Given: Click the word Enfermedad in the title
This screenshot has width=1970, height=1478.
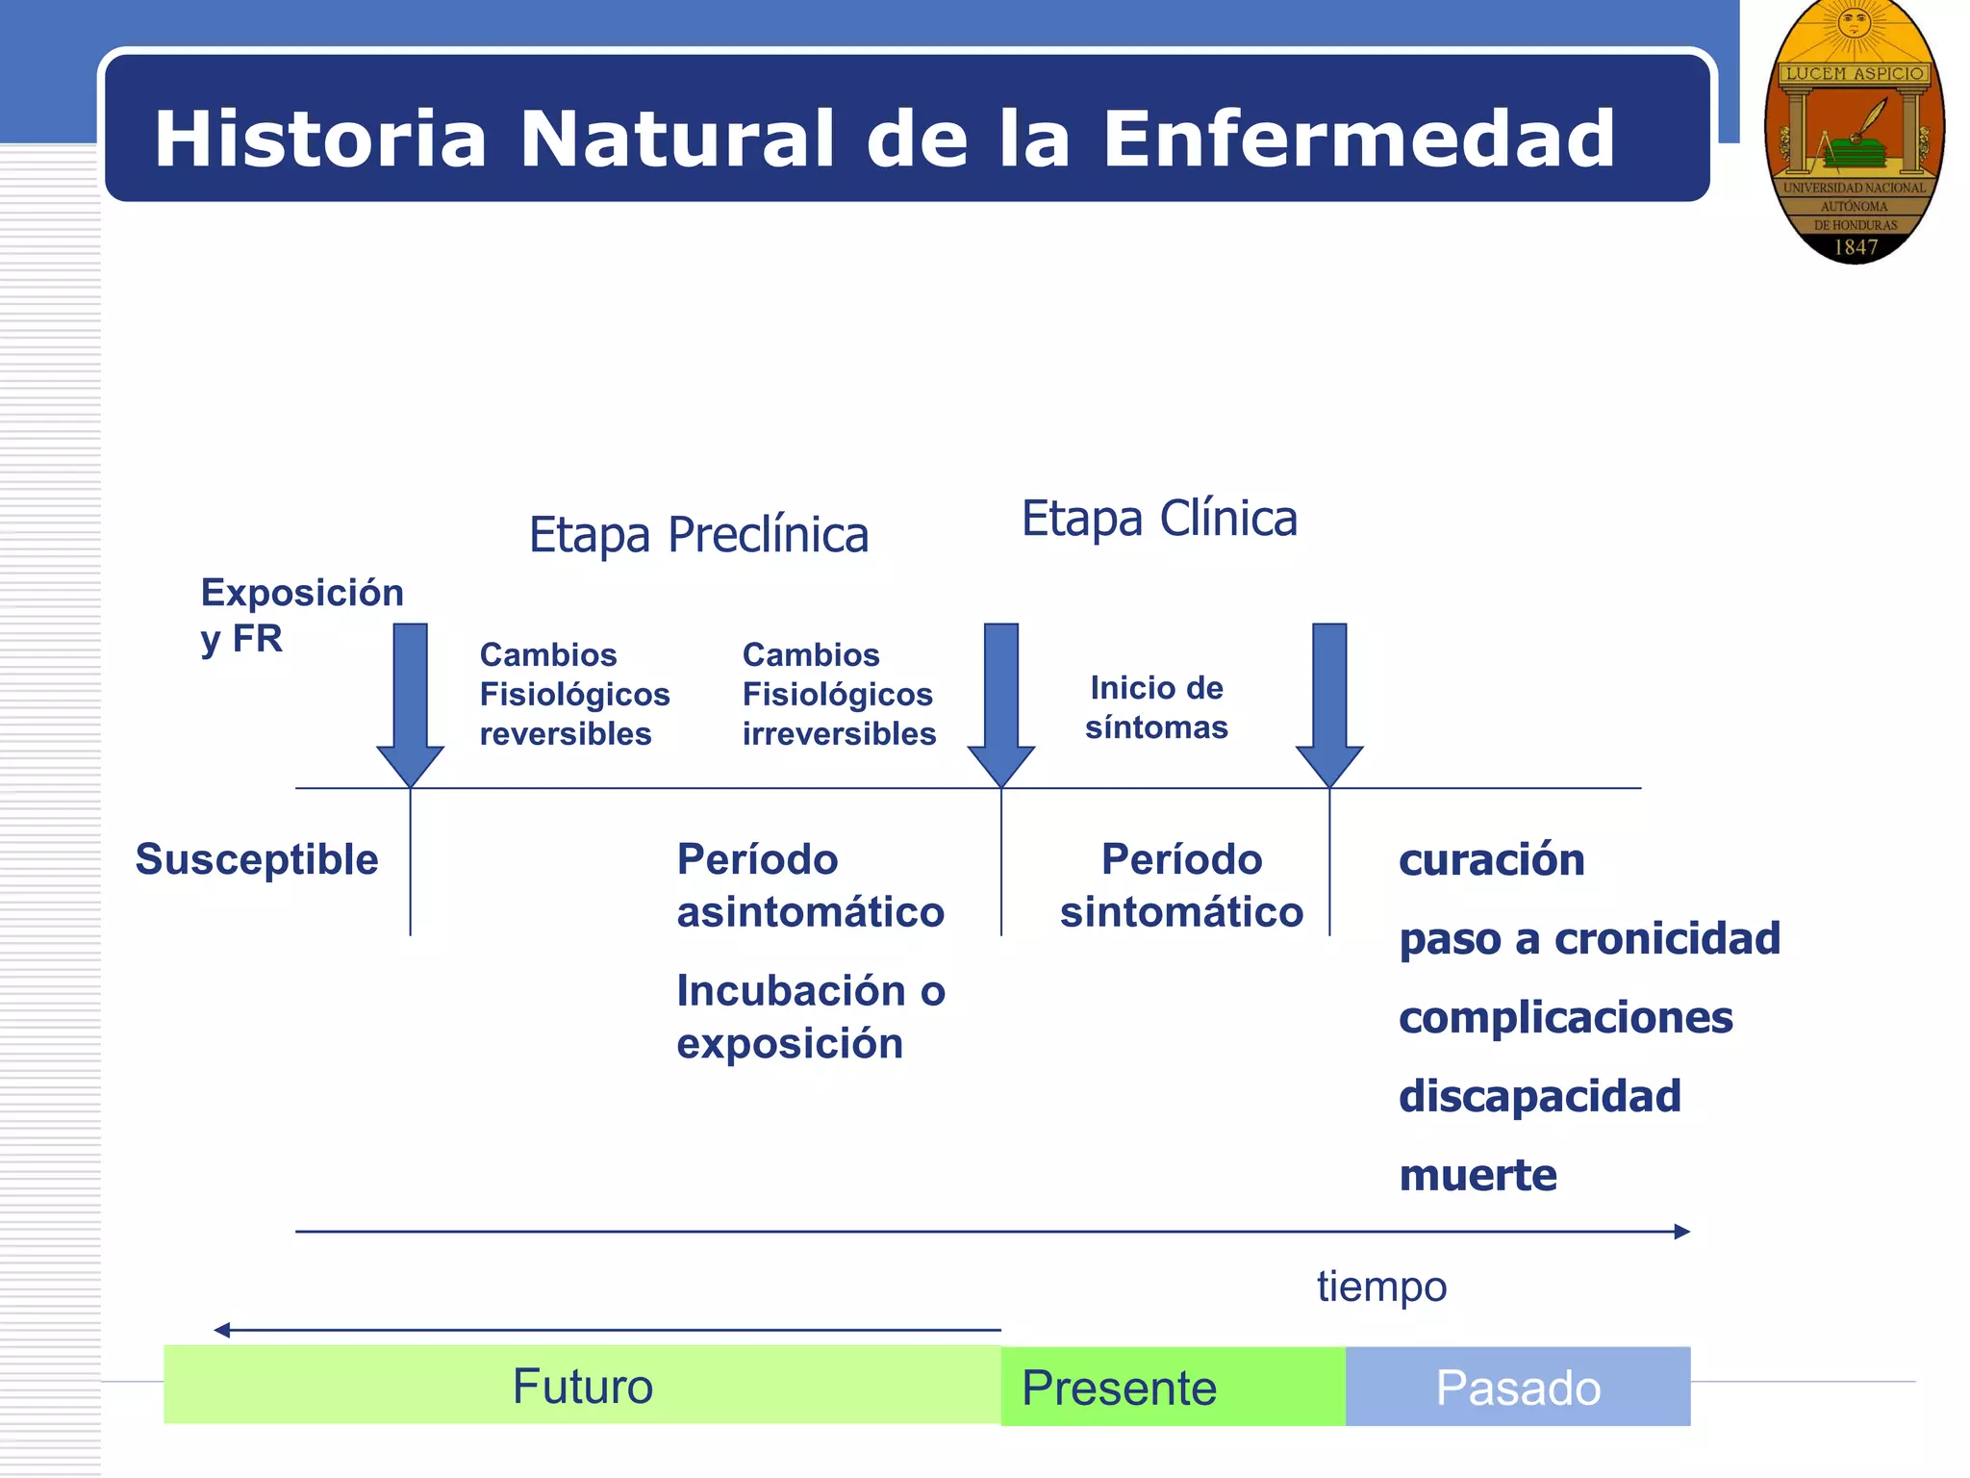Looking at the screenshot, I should (x=1358, y=140).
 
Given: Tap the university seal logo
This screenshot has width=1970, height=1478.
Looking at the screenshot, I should (x=1854, y=132).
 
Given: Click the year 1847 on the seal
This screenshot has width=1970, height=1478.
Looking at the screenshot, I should (x=1856, y=247).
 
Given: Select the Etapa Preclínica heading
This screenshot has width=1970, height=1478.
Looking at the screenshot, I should (x=698, y=535).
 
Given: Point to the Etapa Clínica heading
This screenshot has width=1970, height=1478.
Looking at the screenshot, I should (x=1159, y=519).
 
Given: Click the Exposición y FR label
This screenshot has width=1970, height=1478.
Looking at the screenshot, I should (x=301, y=614).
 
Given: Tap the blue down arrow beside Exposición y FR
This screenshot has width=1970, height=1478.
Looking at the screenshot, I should (x=411, y=702).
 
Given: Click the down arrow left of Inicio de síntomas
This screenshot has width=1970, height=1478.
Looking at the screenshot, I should (x=1001, y=702).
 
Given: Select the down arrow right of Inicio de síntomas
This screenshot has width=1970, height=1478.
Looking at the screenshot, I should (x=1329, y=702).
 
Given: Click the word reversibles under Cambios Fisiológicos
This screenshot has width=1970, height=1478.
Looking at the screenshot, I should (x=566, y=734).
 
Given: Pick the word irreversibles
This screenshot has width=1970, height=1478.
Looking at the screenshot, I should (x=839, y=734).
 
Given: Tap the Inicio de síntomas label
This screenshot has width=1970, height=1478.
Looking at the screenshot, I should (x=1156, y=707).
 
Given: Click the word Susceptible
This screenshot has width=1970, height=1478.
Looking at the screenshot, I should (x=257, y=859).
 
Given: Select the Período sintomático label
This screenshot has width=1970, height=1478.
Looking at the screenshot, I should (x=1181, y=885).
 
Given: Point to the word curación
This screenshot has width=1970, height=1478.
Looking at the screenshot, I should (x=1491, y=859).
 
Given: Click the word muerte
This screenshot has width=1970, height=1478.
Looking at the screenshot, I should (x=1477, y=1175).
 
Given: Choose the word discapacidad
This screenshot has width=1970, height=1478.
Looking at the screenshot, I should (x=1539, y=1096).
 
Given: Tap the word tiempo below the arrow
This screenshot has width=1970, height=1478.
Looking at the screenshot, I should (x=1381, y=1287).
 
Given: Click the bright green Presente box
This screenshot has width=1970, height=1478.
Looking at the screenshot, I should (x=1173, y=1387).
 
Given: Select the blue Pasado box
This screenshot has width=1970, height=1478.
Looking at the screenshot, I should (x=1518, y=1387).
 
